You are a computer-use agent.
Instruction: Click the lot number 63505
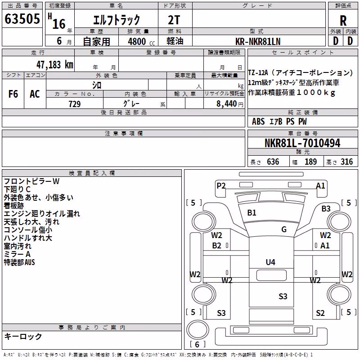[22, 19]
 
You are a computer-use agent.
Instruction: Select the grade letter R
[343, 21]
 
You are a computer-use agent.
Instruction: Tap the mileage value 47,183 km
[55, 65]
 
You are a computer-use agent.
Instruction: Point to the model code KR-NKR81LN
[258, 41]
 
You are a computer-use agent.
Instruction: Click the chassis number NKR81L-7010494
[302, 143]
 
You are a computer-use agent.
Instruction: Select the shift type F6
[13, 94]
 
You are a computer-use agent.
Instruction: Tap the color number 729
[75, 104]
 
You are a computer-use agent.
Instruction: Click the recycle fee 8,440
[227, 104]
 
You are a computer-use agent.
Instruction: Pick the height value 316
[346, 162]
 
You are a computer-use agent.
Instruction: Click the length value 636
[273, 162]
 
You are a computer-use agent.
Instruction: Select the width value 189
[310, 162]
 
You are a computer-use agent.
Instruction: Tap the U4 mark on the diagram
[270, 262]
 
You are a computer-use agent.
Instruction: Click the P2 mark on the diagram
[221, 185]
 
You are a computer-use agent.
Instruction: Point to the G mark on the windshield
[284, 229]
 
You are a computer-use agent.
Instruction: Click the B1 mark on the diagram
[252, 213]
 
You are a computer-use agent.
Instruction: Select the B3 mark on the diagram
[326, 209]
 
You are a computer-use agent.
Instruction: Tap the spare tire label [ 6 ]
[197, 344]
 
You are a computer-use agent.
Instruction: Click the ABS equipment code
[258, 121]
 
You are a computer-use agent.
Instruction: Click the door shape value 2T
[174, 20]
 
